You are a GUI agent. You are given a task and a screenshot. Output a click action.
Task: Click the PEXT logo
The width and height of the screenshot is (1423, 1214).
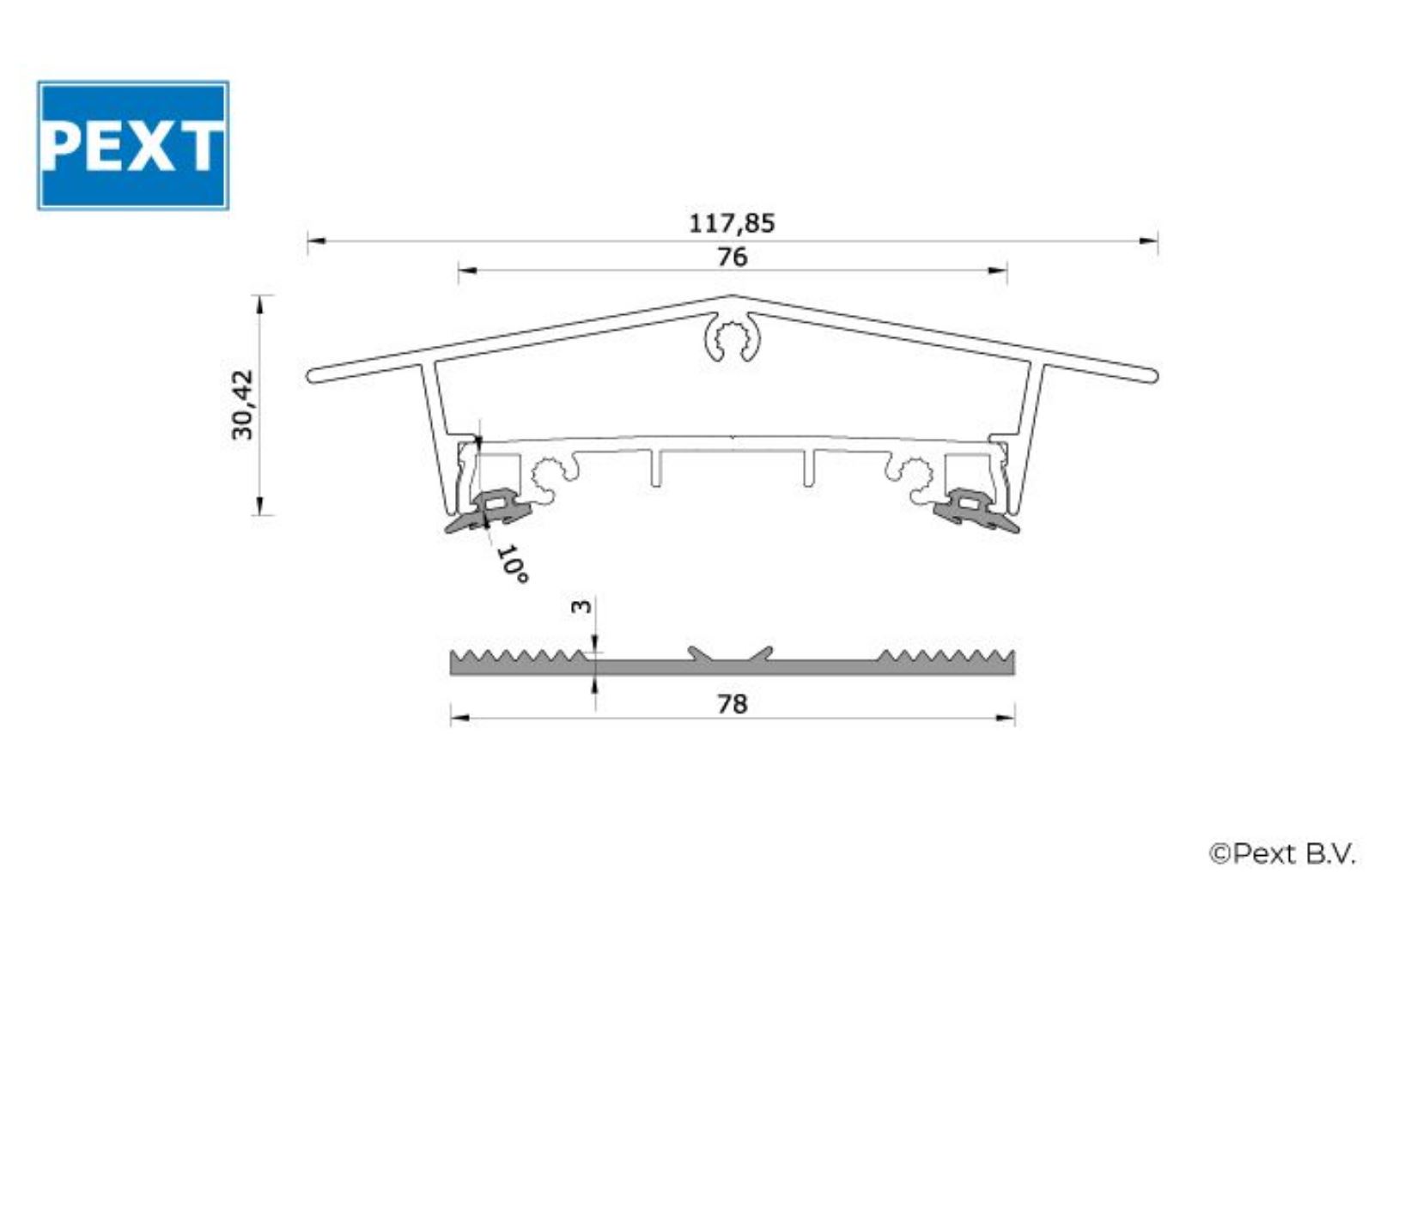132,145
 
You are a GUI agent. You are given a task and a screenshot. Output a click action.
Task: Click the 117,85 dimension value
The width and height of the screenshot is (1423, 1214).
732,224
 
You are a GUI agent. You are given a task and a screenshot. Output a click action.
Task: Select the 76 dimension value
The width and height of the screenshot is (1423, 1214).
732,257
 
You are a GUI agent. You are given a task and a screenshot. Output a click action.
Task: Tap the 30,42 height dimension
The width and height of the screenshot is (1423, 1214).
243,404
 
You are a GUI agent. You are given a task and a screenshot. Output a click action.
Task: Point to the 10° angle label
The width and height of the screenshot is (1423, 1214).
512,564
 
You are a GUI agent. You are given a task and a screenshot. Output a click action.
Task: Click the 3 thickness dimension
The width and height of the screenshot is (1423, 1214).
581,606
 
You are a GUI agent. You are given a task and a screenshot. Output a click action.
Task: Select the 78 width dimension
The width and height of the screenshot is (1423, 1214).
732,704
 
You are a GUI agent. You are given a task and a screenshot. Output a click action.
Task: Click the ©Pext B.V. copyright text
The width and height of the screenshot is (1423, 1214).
1282,853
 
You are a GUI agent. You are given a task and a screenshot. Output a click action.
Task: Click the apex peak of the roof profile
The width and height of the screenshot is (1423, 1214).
732,297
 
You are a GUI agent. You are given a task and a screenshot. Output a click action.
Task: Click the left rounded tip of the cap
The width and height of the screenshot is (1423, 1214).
313,375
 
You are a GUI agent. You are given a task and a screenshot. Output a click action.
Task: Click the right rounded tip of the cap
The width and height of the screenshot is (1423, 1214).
1152,375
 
